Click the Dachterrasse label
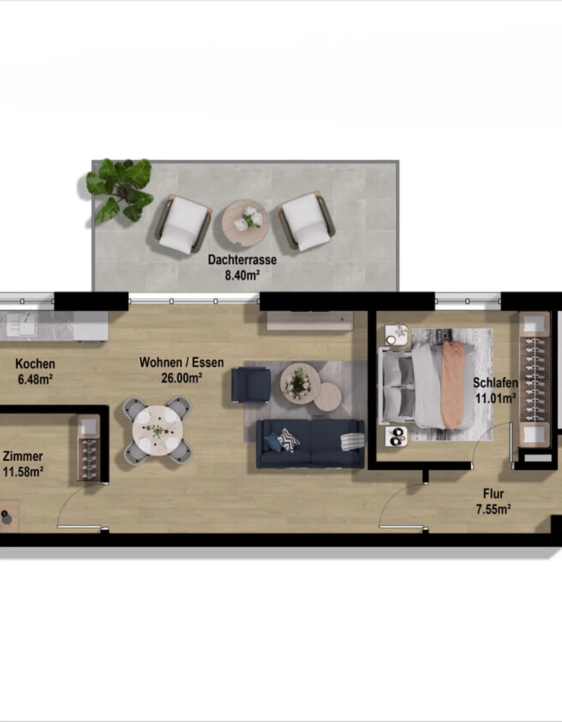coord(242,260)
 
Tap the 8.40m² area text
coord(242,276)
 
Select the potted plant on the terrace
coord(120,190)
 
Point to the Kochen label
coord(35,364)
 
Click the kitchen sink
coord(21,325)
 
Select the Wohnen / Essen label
coord(181,363)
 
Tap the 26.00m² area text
coord(181,378)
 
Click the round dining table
coord(158,430)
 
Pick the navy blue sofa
coord(310,444)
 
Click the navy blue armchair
coord(251,384)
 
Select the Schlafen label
coord(495,383)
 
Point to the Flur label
coord(493,494)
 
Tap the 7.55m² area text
coord(493,509)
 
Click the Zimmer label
coord(23,456)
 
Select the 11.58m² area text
coord(23,472)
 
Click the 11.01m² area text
coord(495,398)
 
